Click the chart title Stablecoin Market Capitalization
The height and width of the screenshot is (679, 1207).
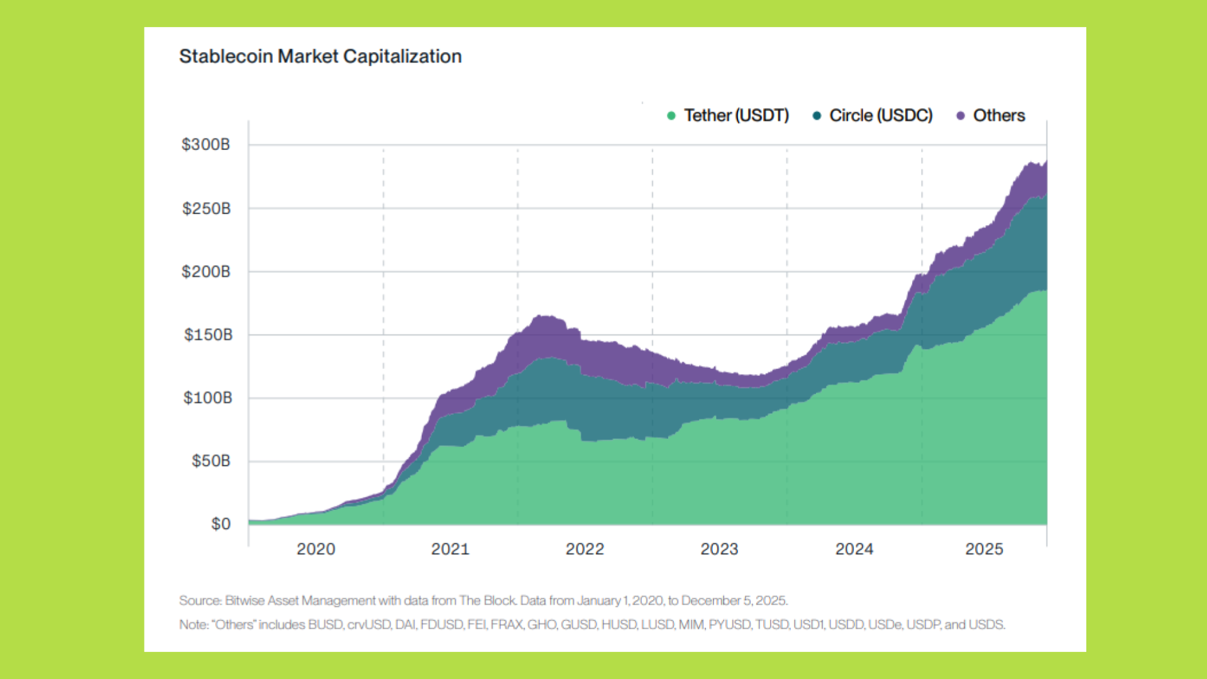[x=320, y=57]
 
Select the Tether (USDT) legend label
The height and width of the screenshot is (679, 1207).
[x=736, y=116]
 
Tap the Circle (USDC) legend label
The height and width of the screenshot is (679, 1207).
[x=881, y=116]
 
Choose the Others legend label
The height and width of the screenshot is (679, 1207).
[x=999, y=116]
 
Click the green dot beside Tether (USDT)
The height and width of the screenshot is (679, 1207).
[x=671, y=116]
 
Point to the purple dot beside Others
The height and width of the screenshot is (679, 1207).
[x=961, y=116]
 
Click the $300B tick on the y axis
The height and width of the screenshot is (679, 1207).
[x=206, y=145]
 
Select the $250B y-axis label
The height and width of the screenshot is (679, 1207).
[x=206, y=209]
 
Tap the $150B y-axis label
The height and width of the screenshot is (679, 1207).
[x=208, y=334]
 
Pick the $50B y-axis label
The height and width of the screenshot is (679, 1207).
[x=211, y=461]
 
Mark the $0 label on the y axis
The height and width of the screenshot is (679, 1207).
[x=221, y=524]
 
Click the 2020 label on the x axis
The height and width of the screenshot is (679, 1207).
[x=316, y=549]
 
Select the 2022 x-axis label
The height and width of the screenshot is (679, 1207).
[x=585, y=549]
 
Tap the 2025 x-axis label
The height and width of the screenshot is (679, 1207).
[x=984, y=549]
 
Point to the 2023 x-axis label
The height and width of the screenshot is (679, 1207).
[x=719, y=549]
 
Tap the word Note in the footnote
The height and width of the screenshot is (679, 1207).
[x=192, y=624]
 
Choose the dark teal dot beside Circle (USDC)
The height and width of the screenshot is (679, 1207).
[x=817, y=116]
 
